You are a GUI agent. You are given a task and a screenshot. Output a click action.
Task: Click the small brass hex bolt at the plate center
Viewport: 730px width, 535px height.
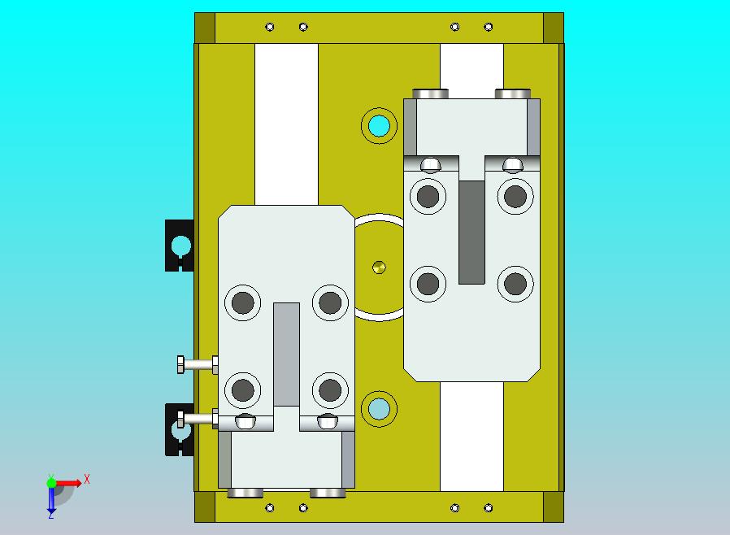pyautogui.click(x=379, y=267)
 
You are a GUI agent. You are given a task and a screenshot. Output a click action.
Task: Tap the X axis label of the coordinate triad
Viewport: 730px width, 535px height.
pyautogui.click(x=87, y=479)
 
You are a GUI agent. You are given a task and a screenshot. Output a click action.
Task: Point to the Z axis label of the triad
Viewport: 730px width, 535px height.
pyautogui.click(x=50, y=515)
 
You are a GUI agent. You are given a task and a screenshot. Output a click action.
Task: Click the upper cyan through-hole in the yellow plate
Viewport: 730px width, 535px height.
pyautogui.click(x=379, y=126)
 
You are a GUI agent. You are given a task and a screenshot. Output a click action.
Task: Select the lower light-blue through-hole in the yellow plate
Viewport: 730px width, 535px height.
pyautogui.click(x=379, y=409)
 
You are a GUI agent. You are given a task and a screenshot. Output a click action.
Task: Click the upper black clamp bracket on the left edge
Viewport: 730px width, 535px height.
pyautogui.click(x=180, y=246)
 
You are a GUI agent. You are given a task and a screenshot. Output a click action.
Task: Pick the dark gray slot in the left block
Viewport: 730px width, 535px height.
pyautogui.click(x=286, y=354)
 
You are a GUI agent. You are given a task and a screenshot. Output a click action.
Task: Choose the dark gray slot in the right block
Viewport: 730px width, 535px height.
pyautogui.click(x=471, y=233)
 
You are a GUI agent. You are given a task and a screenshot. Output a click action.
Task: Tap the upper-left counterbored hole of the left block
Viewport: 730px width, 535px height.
pyautogui.click(x=242, y=302)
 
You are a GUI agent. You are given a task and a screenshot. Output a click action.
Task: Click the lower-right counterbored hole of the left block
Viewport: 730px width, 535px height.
pyautogui.click(x=330, y=390)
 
